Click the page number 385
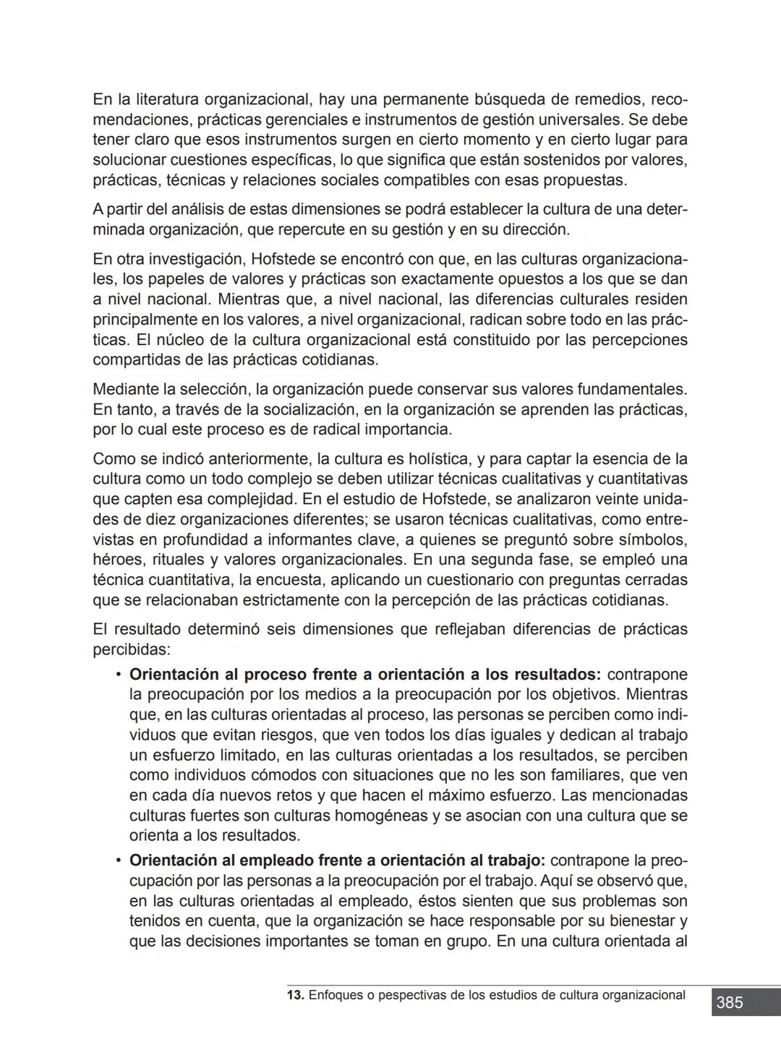click(x=730, y=1002)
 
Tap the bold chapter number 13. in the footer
click(x=295, y=995)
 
